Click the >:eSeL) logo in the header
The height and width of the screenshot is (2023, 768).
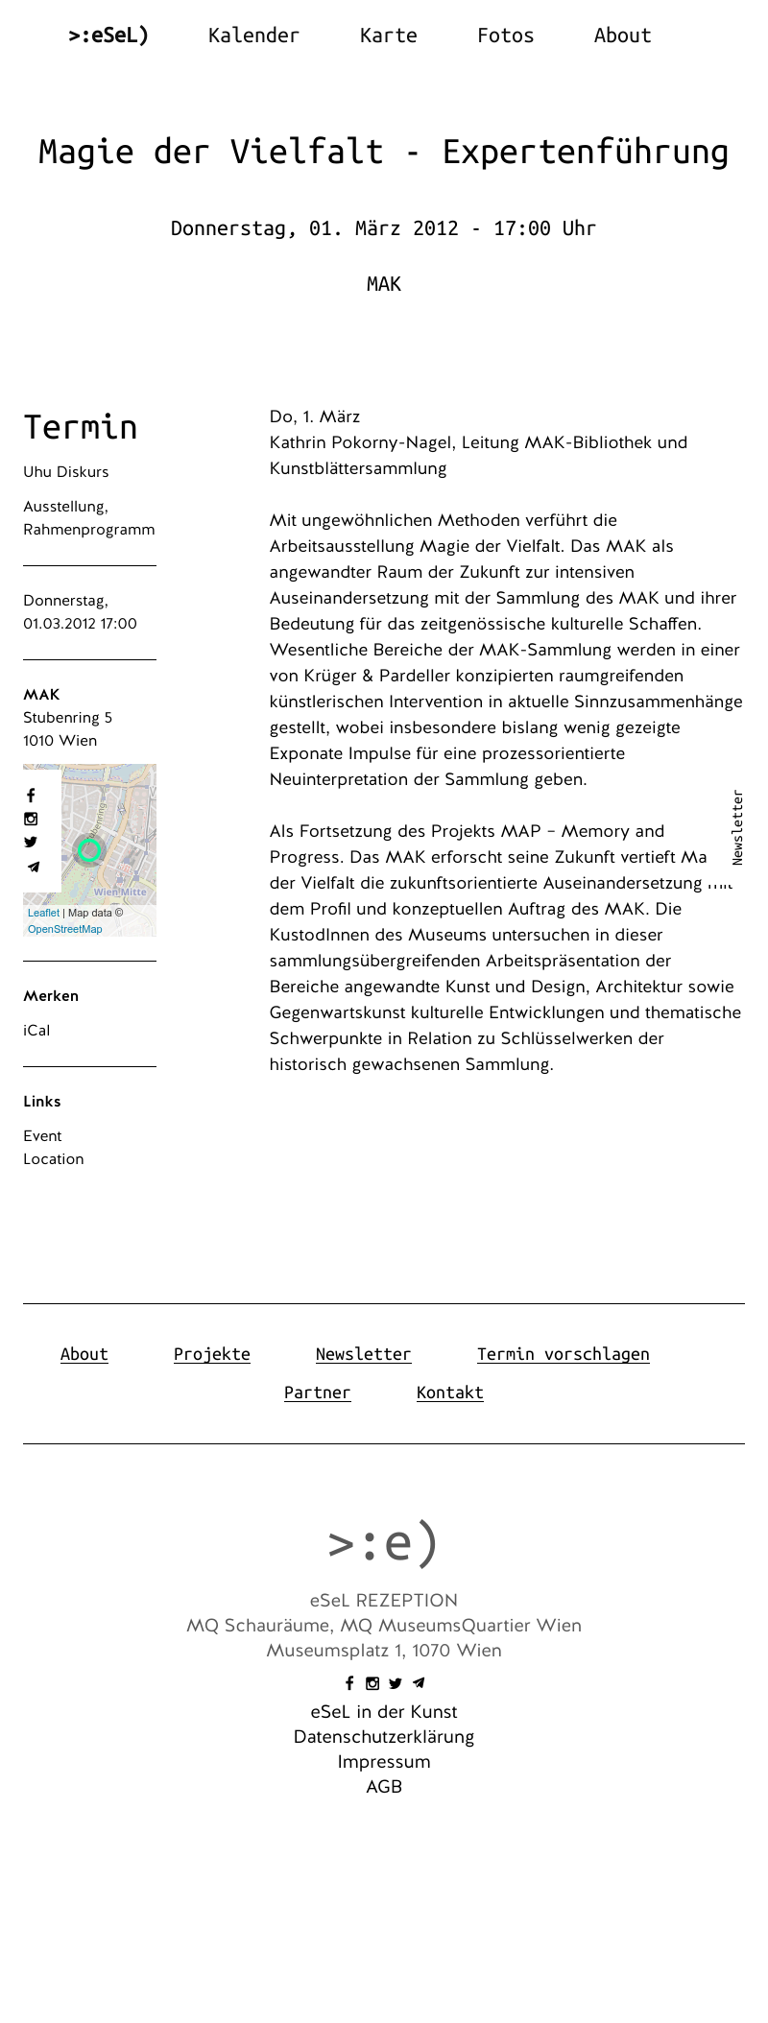(108, 36)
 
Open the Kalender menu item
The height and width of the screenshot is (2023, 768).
(253, 36)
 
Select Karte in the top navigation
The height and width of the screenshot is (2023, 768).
(388, 36)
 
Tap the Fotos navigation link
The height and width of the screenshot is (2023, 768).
(505, 36)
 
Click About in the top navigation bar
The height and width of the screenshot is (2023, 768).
(622, 36)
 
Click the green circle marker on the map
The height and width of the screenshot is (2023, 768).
(90, 849)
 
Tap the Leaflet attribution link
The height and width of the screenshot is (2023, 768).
(43, 913)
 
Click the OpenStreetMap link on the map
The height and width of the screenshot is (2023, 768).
(64, 929)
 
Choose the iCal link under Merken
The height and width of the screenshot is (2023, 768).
(36, 1031)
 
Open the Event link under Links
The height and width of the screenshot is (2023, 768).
(42, 1136)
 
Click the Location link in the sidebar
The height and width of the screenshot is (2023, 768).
(54, 1159)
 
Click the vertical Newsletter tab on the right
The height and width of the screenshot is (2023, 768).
(737, 827)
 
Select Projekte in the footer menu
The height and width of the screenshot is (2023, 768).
(212, 1354)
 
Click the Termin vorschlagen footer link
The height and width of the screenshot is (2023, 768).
(563, 1354)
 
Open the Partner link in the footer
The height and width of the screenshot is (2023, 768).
(318, 1392)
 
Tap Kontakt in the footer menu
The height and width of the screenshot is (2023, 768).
(449, 1392)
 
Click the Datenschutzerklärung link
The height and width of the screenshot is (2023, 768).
(384, 1737)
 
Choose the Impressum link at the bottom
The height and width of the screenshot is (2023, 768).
(384, 1762)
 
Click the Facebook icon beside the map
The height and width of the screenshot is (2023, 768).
(31, 796)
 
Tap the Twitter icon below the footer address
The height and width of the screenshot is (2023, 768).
(396, 1683)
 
